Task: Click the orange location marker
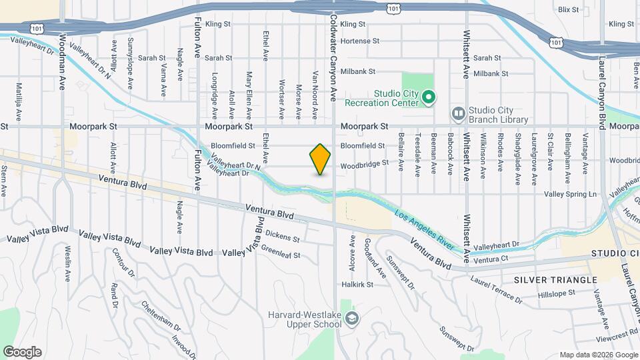coord(320,159)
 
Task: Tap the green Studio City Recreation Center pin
coord(429,98)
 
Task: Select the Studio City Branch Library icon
coord(458,115)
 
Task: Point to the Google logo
coord(22,352)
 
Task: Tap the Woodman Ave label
coord(62,62)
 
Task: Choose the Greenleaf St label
coord(280,255)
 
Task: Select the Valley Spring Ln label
coord(570,194)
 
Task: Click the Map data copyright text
coord(598,355)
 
